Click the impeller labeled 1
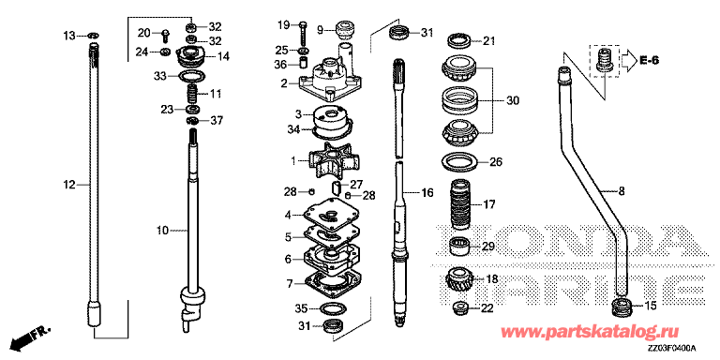(332, 159)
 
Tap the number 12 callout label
(68, 185)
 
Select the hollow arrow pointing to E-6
(627, 60)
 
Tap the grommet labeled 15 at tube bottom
(623, 307)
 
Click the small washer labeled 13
(93, 36)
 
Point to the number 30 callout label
(513, 100)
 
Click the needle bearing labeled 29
(459, 247)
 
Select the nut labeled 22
(459, 307)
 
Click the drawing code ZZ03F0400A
(673, 347)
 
